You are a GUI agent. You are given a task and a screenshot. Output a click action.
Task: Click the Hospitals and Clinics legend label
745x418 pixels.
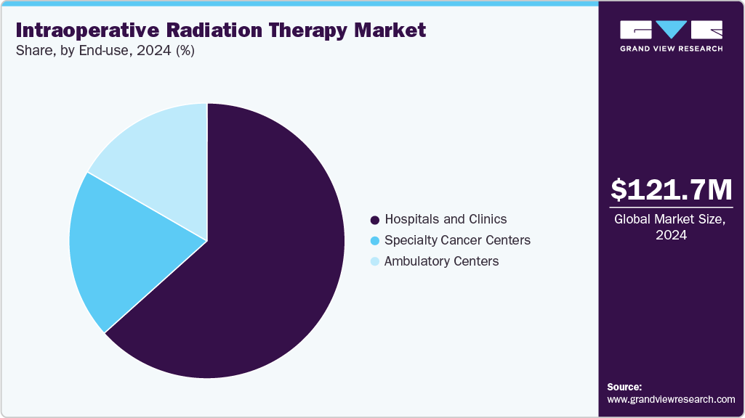446,219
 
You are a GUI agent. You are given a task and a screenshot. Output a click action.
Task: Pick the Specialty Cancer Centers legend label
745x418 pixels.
457,240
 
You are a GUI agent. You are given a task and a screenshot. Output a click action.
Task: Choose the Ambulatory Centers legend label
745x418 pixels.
441,261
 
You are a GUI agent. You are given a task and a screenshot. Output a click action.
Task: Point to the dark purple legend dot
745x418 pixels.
375,220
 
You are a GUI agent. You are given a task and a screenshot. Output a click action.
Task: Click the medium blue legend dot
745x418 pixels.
375,241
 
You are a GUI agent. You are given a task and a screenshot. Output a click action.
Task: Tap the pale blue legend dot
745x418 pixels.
375,262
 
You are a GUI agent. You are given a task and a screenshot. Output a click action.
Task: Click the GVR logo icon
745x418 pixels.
671,30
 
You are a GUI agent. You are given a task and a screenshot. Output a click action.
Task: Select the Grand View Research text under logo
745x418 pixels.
671,49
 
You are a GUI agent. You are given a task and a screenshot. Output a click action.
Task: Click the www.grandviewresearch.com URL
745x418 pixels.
671,399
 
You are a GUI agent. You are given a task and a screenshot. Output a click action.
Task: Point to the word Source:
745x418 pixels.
624,387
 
